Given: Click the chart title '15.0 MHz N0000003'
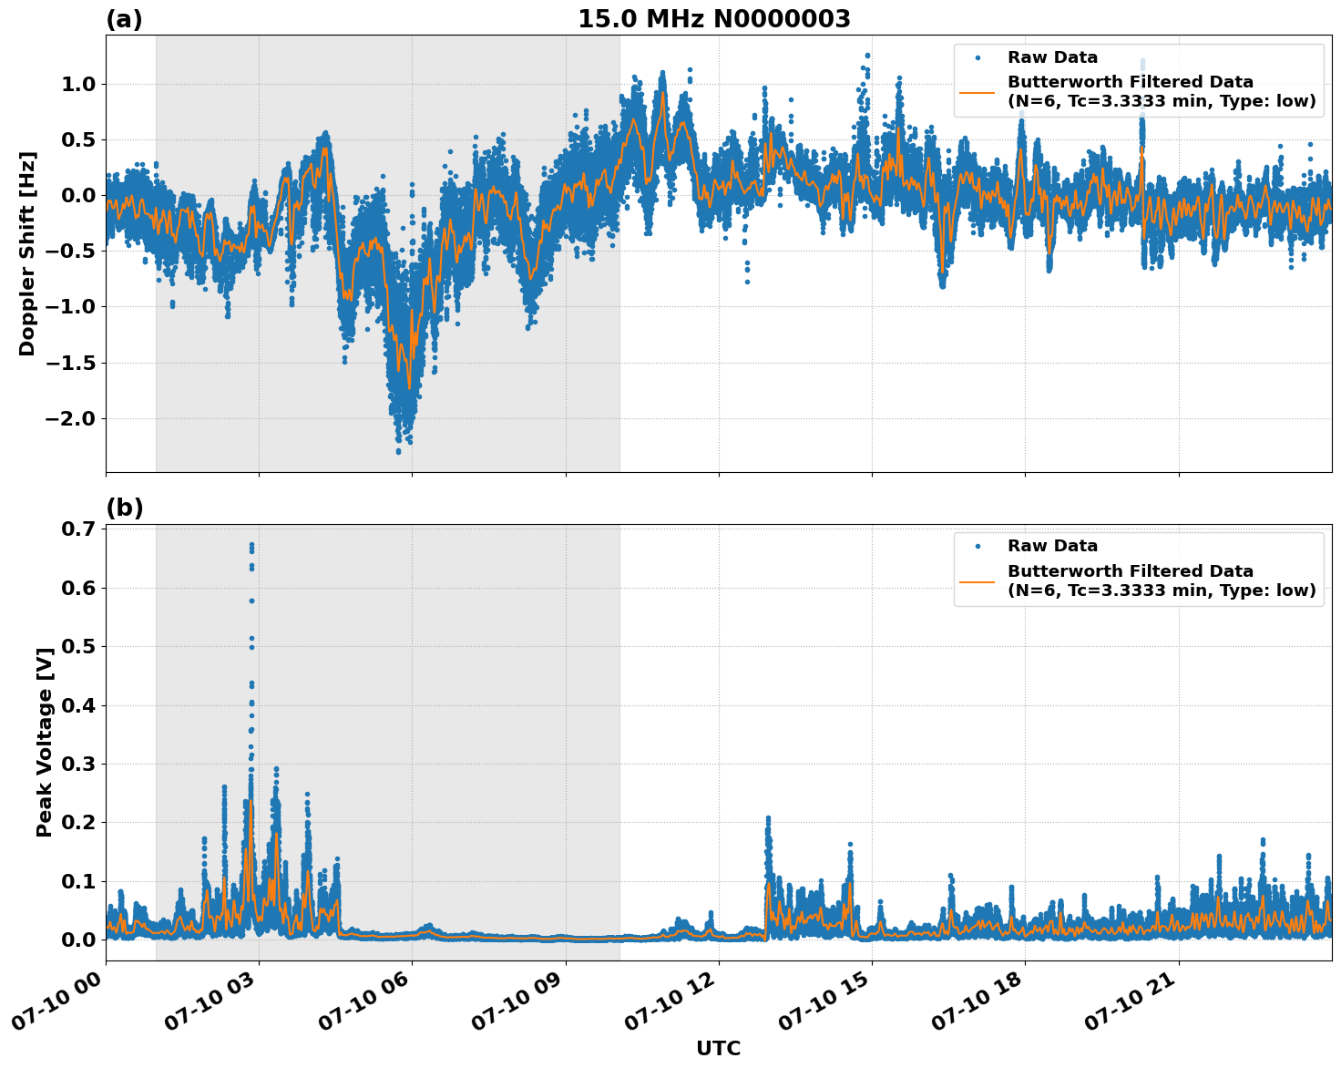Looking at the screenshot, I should [x=713, y=19].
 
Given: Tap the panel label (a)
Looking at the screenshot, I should [x=124, y=19].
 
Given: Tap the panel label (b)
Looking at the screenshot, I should [x=124, y=508].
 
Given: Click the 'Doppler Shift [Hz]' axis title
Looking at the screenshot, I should [x=27, y=253].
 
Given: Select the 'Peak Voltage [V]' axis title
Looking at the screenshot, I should [x=45, y=742].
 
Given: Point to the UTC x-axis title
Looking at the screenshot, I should [x=718, y=1048].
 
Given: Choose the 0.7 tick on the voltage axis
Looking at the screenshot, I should [x=79, y=529].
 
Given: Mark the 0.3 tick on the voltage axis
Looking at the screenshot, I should [x=79, y=764].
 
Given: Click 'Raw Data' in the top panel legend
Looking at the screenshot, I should [x=1052, y=57].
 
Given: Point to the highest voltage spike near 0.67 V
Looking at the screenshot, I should [x=251, y=546].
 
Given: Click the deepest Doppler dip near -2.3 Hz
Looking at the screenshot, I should [x=398, y=450].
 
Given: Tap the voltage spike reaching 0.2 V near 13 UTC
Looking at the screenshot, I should [x=768, y=819].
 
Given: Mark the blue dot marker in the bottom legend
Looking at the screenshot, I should [x=978, y=546].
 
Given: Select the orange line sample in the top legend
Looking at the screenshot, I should [x=978, y=92].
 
